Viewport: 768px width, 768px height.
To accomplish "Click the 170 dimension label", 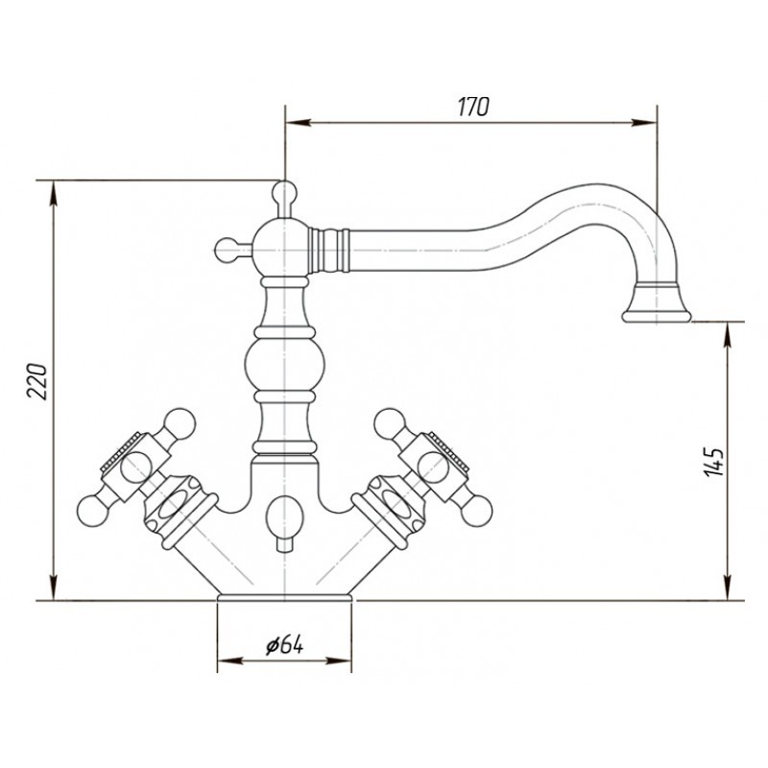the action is (473, 107).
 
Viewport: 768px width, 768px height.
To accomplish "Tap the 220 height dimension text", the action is (37, 381).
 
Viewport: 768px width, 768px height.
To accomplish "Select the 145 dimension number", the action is (713, 462).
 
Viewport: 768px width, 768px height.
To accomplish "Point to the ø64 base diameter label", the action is (284, 645).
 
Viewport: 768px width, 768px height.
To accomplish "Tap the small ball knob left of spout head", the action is (227, 250).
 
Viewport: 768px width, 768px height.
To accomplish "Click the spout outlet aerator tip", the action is (657, 316).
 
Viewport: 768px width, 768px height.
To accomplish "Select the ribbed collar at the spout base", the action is (329, 250).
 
